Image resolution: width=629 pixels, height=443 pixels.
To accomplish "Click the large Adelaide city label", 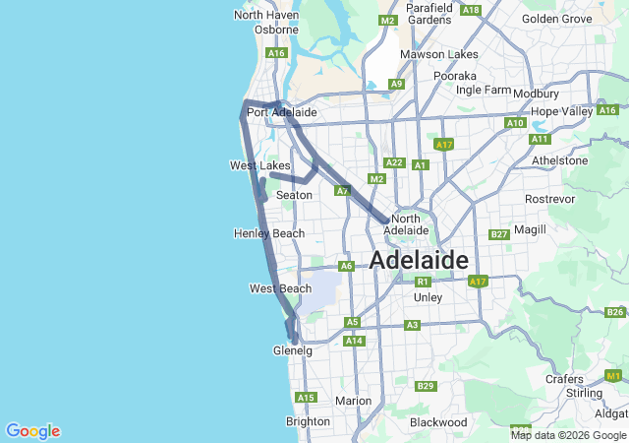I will pos(419,260).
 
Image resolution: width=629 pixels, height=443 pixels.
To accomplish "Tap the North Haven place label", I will pos(264,15).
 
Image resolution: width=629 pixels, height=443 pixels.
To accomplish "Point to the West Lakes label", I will pos(260,165).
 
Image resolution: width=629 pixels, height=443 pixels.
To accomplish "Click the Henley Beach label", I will pos(269,233).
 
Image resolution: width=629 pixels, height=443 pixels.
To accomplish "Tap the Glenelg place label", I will pos(292,350).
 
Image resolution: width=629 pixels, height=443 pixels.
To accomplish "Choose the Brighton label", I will pos(308,421).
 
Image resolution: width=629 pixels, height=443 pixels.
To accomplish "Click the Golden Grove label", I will pos(557,19).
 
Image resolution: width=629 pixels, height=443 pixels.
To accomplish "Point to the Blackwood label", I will pos(438,422).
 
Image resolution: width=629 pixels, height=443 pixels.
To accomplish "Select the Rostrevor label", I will pos(549,199).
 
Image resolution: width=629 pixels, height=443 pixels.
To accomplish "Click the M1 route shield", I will pos(614,375).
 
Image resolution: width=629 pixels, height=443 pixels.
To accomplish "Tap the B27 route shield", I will pos(499,234).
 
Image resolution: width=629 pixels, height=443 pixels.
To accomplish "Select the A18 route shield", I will pos(471,10).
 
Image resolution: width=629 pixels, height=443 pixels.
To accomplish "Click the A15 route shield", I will pos(306,398).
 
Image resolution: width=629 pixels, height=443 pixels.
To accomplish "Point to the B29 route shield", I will pos(426,386).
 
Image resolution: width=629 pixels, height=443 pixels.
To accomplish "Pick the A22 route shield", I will pos(395,162).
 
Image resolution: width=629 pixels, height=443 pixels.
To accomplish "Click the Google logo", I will pos(32,431).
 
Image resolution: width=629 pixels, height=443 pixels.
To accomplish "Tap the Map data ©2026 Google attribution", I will pos(568,435).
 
